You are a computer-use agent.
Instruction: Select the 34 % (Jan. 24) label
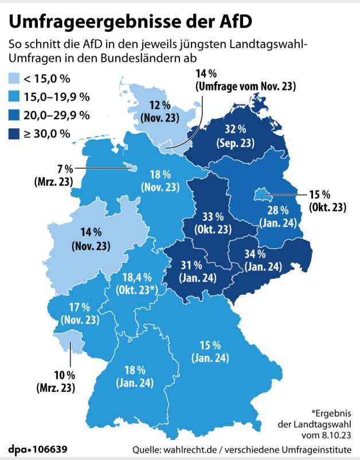click(263, 260)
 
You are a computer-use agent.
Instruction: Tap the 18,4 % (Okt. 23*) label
click(137, 283)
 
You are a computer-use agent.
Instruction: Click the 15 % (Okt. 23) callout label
click(327, 200)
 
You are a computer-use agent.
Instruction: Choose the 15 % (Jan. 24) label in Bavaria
click(210, 352)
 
